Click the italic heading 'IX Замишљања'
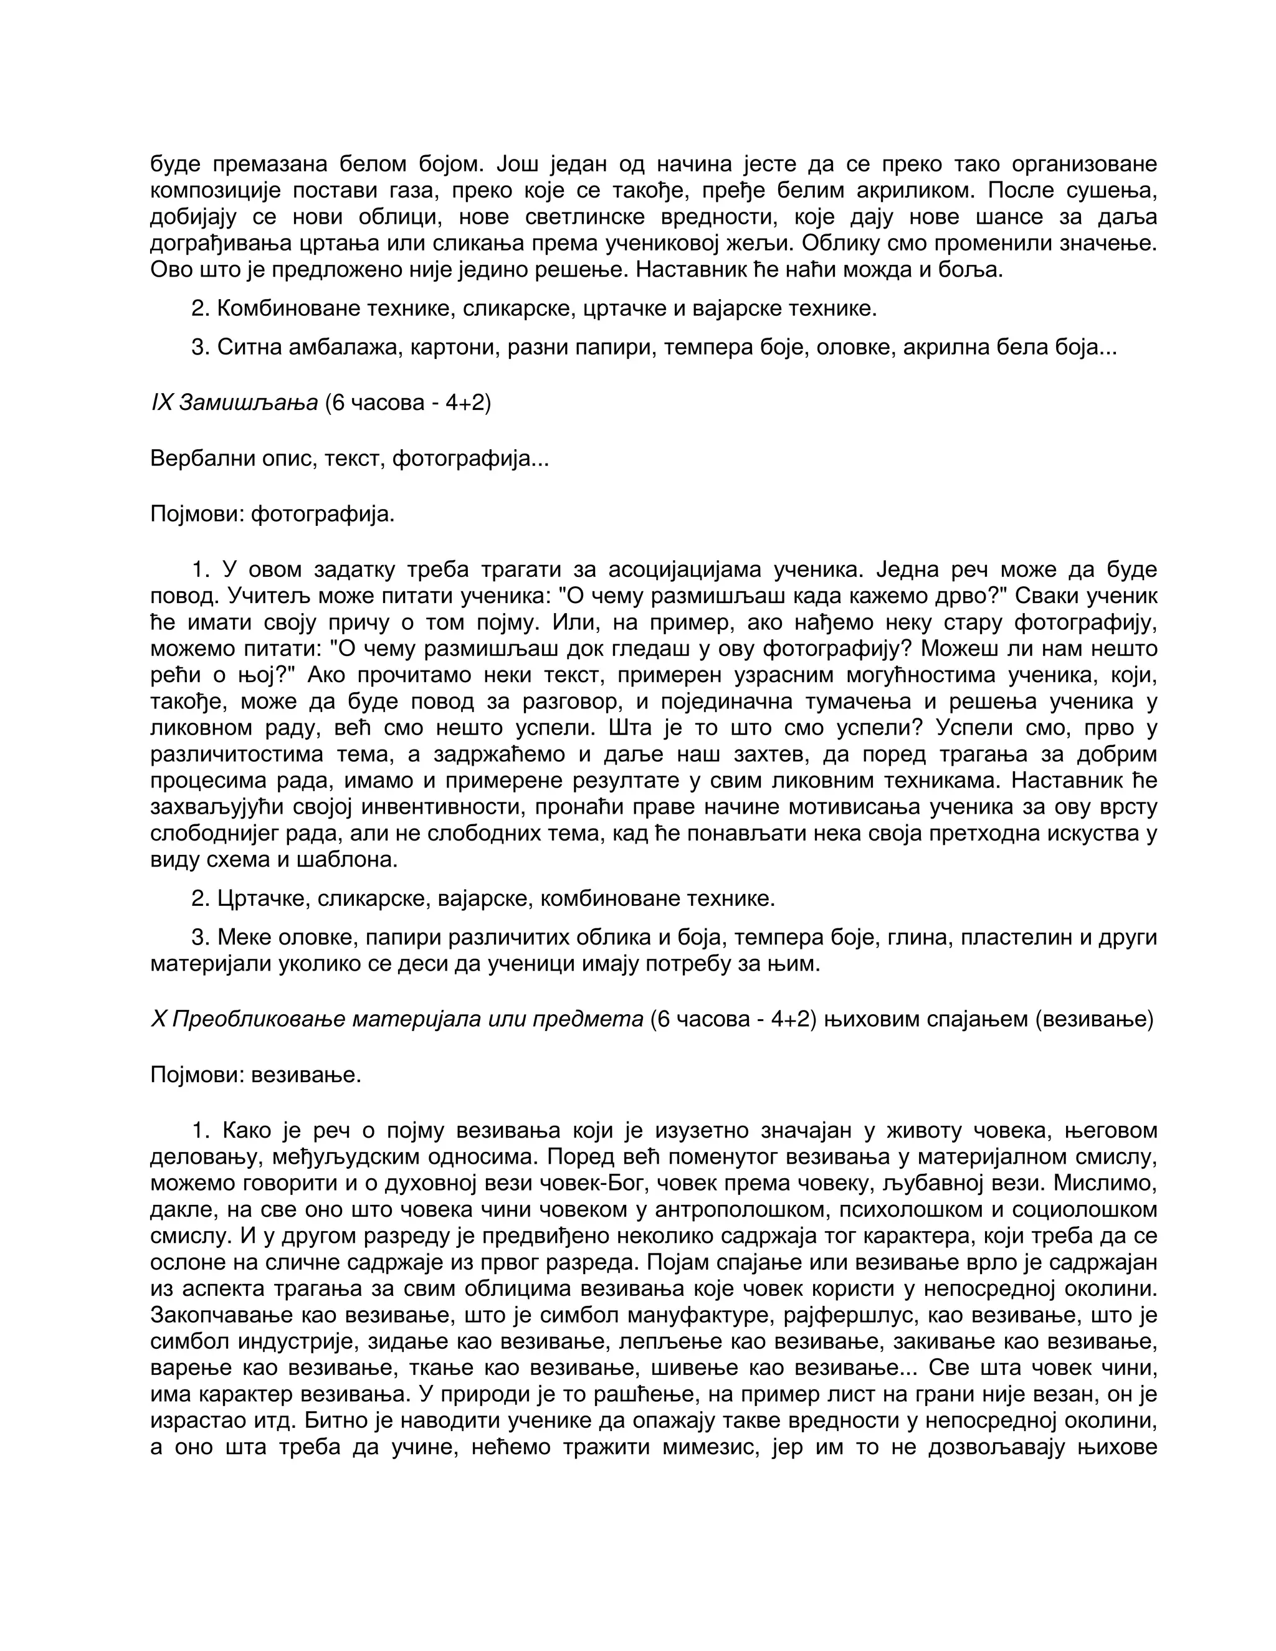[234, 403]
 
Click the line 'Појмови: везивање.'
[255, 1074]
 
